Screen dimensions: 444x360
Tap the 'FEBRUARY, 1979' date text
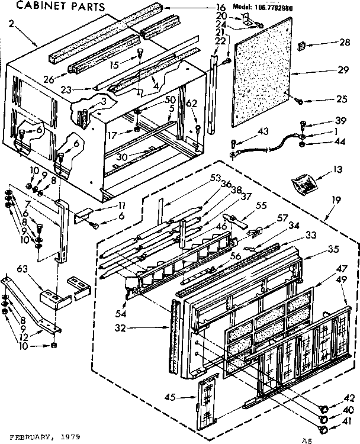tap(41, 436)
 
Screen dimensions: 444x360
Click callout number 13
tap(337, 169)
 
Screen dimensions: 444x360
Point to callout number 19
tap(336, 201)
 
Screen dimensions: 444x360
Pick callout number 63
tap(23, 269)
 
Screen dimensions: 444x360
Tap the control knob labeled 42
tap(324, 407)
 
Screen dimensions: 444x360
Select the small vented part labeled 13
tap(304, 184)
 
